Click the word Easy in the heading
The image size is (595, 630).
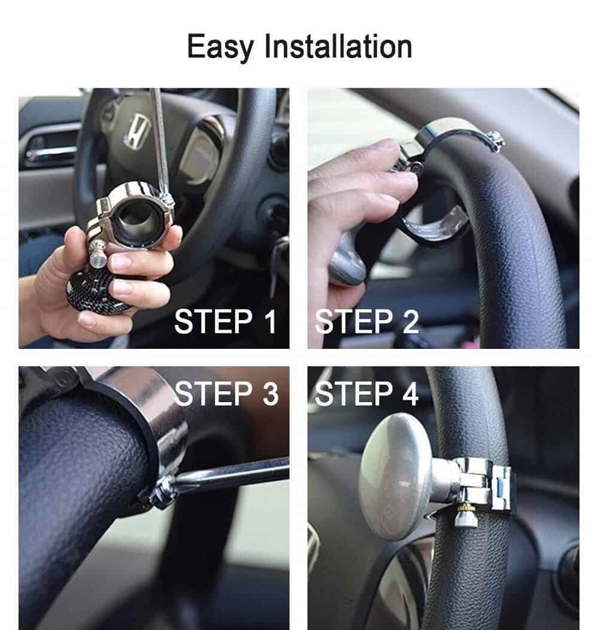220,47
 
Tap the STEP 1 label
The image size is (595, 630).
226,321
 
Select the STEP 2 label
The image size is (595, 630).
367,321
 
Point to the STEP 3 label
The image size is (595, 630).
226,393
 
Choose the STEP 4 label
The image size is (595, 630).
367,393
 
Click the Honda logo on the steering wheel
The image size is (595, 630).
136,131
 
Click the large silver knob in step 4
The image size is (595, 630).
396,476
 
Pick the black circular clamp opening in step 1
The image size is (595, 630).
139,219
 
